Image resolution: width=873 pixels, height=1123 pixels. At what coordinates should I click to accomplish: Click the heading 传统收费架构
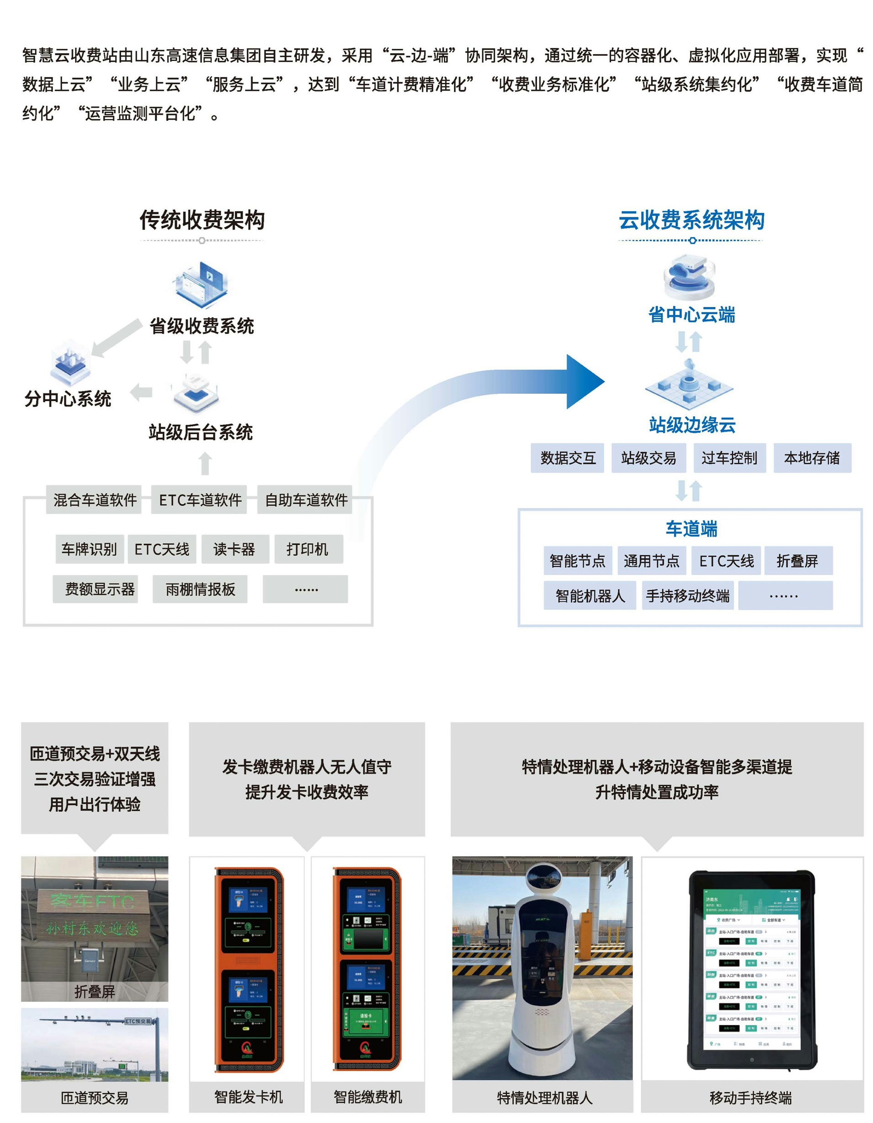(202, 220)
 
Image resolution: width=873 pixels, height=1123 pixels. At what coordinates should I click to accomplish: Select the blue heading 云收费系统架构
(691, 220)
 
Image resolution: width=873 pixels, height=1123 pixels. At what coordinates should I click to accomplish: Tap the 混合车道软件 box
(95, 500)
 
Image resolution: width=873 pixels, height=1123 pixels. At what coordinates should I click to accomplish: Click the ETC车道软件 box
(200, 500)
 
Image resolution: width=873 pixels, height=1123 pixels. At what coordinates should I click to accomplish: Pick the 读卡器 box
(234, 549)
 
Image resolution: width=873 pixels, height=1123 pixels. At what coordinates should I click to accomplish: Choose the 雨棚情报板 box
(200, 589)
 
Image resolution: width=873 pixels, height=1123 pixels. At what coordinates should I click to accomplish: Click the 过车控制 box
(729, 457)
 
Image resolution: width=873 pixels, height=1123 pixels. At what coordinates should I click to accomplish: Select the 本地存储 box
(811, 457)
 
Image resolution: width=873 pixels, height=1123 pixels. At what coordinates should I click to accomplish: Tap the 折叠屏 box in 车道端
(797, 560)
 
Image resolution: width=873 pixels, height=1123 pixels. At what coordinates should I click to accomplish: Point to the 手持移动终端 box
(687, 596)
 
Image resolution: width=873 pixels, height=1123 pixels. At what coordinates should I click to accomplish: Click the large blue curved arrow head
(583, 381)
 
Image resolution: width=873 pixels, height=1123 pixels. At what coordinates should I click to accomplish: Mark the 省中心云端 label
(691, 315)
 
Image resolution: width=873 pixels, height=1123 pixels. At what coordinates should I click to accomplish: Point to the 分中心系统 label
(68, 399)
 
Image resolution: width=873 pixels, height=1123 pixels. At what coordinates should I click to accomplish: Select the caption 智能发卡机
(248, 1097)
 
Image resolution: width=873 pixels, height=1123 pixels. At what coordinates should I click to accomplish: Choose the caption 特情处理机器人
(544, 1098)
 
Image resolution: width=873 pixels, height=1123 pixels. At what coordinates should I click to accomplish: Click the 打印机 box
(307, 549)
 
